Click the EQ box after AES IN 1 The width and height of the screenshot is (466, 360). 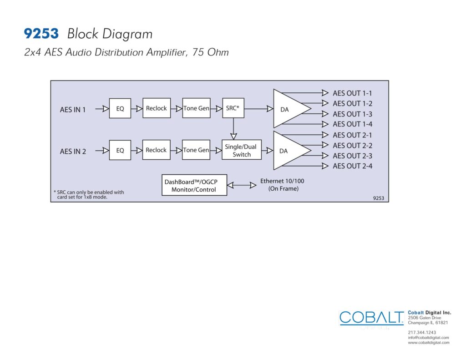[120, 108]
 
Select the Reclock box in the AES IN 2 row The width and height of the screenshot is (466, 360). [157, 150]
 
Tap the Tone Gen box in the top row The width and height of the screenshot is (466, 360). [197, 108]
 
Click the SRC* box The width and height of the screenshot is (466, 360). [233, 108]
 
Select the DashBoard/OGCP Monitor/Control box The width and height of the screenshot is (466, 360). [194, 185]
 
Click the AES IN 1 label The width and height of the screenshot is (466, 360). [73, 110]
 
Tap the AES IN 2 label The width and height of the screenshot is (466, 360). [73, 152]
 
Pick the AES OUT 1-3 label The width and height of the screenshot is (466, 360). [353, 114]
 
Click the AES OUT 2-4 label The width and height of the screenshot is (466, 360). [353, 166]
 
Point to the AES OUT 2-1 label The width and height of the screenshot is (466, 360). [353, 135]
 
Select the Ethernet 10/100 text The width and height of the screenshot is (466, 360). [282, 181]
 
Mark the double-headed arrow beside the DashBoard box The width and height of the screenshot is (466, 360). [242, 185]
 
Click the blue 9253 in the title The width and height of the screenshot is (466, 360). [41, 34]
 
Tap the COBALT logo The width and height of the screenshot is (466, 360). [371, 318]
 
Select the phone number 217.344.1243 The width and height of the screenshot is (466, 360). [422, 332]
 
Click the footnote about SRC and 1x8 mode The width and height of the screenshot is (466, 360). [89, 194]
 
